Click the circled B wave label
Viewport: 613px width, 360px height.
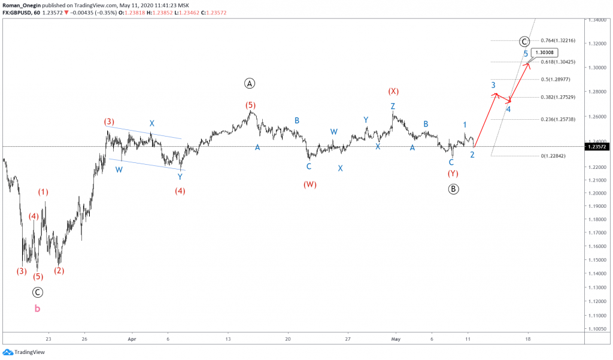[x=453, y=189]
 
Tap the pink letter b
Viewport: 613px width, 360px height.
[x=37, y=308]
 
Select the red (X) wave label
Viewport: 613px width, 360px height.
[x=393, y=91]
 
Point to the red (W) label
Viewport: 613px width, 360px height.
[x=309, y=184]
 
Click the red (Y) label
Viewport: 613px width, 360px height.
[x=453, y=174]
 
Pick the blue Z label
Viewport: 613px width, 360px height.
[x=393, y=106]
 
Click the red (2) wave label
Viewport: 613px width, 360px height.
[x=59, y=270]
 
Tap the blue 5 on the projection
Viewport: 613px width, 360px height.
[x=526, y=54]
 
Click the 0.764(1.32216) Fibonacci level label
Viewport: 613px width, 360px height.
[x=557, y=41]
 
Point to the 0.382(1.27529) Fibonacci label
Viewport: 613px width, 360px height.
[x=557, y=97]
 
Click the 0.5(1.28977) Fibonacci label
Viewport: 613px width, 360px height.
[x=555, y=79]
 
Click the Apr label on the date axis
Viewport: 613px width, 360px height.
[x=132, y=338]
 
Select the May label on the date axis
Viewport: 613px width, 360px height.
[x=395, y=338]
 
